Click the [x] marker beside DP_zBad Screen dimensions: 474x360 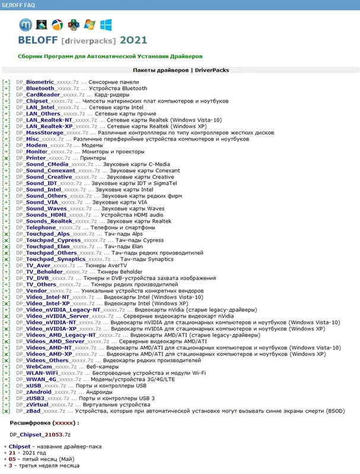coord(6,411)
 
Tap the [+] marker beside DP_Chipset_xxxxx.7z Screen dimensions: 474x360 coord(6,101)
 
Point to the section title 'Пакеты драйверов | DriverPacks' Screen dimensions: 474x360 coord(180,70)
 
